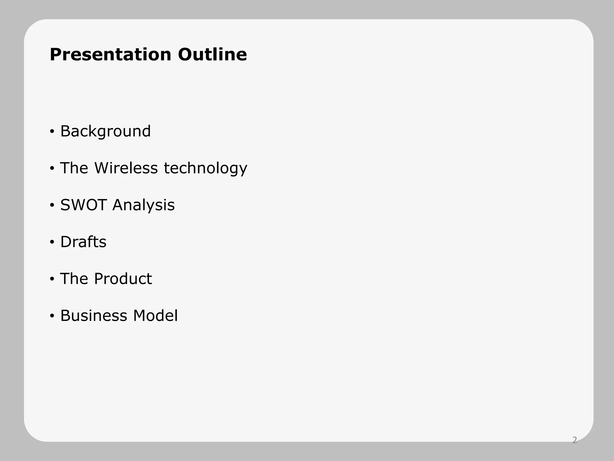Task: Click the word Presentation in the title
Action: tap(110, 55)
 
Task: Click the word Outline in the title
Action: tap(212, 55)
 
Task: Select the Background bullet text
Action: tap(105, 131)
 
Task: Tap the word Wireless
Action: tap(126, 168)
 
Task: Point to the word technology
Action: tap(205, 168)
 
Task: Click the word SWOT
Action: tap(83, 205)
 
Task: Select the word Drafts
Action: tap(83, 242)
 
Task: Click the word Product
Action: tap(123, 279)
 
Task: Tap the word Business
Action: tap(94, 316)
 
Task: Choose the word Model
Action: tap(155, 316)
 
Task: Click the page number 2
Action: tap(574, 440)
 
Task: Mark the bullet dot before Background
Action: tap(52, 131)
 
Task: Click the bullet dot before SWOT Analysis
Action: tap(52, 205)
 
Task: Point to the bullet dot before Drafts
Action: tap(52, 242)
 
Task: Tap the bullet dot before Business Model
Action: tap(52, 316)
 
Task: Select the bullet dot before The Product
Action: tap(52, 279)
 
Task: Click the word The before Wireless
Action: tap(74, 168)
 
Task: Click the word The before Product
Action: tap(74, 279)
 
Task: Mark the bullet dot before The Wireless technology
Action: tap(52, 168)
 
